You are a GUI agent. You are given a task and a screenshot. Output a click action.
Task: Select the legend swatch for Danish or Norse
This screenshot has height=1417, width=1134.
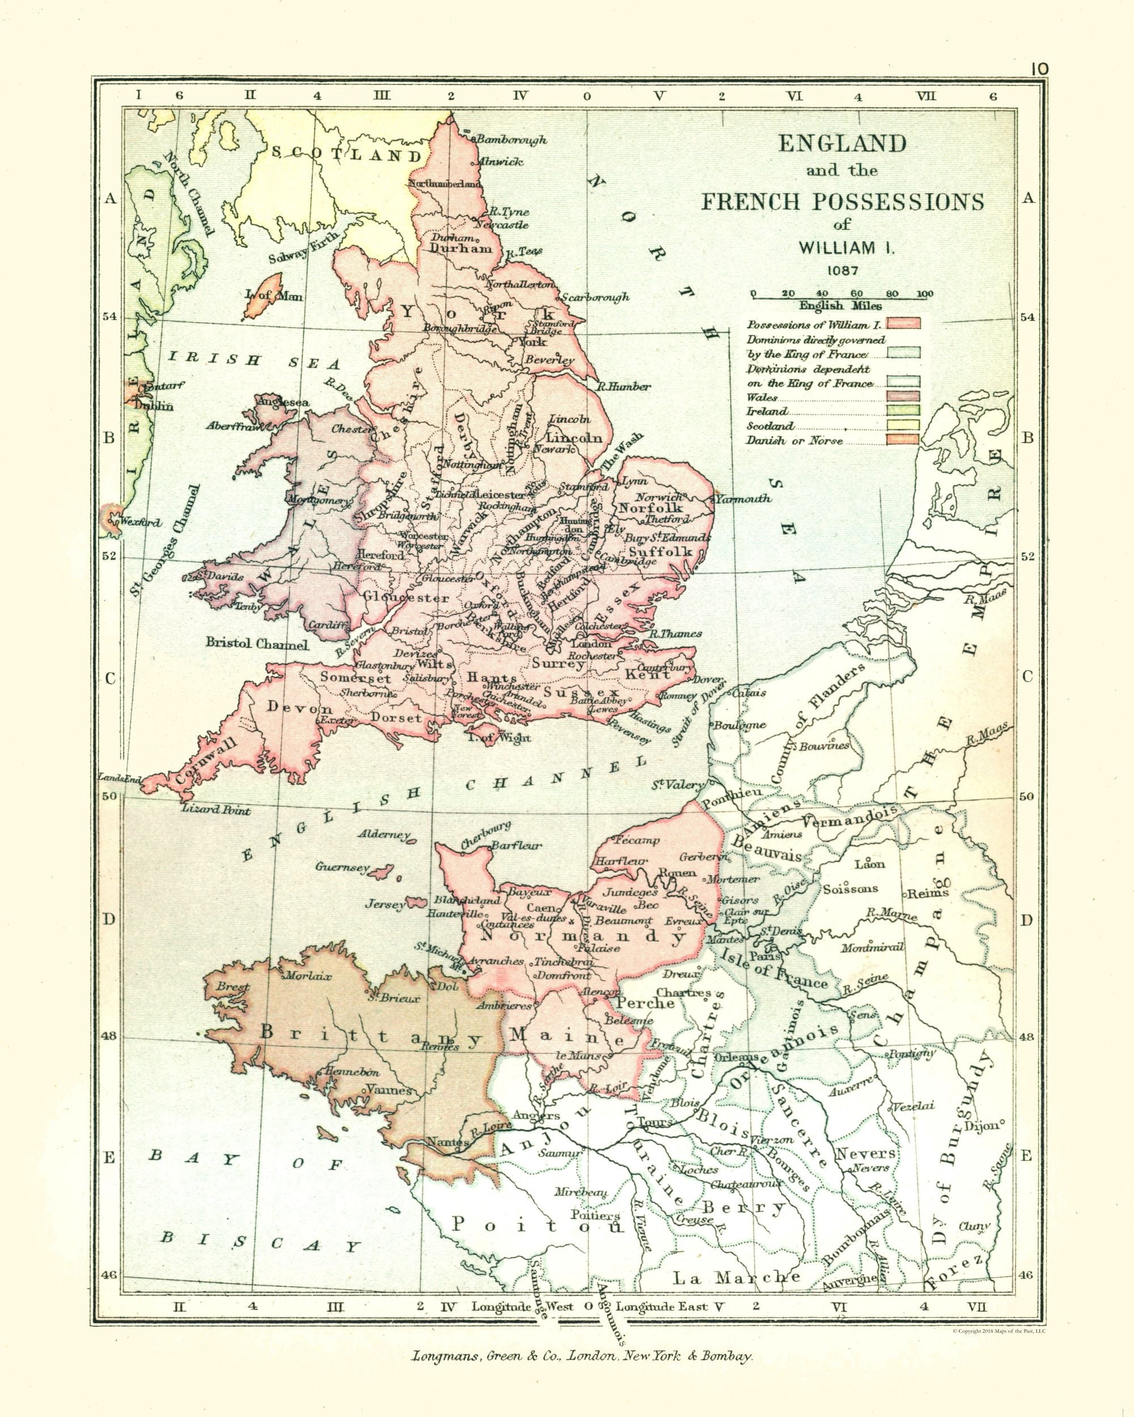point(903,440)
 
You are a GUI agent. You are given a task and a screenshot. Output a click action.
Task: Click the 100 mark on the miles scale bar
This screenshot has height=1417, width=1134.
point(924,294)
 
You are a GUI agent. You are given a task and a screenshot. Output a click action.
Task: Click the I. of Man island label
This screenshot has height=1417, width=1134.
point(273,296)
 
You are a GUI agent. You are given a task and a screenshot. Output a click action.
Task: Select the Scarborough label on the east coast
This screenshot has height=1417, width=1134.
point(595,297)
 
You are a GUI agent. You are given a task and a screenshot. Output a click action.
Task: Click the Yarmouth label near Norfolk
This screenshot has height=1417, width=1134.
point(743,499)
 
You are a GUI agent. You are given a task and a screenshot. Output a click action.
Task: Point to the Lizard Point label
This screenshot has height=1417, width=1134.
point(217,811)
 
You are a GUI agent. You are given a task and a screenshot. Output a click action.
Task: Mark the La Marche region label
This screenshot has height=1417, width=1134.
point(736,1278)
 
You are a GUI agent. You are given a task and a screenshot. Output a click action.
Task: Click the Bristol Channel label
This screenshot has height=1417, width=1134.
point(257,643)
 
